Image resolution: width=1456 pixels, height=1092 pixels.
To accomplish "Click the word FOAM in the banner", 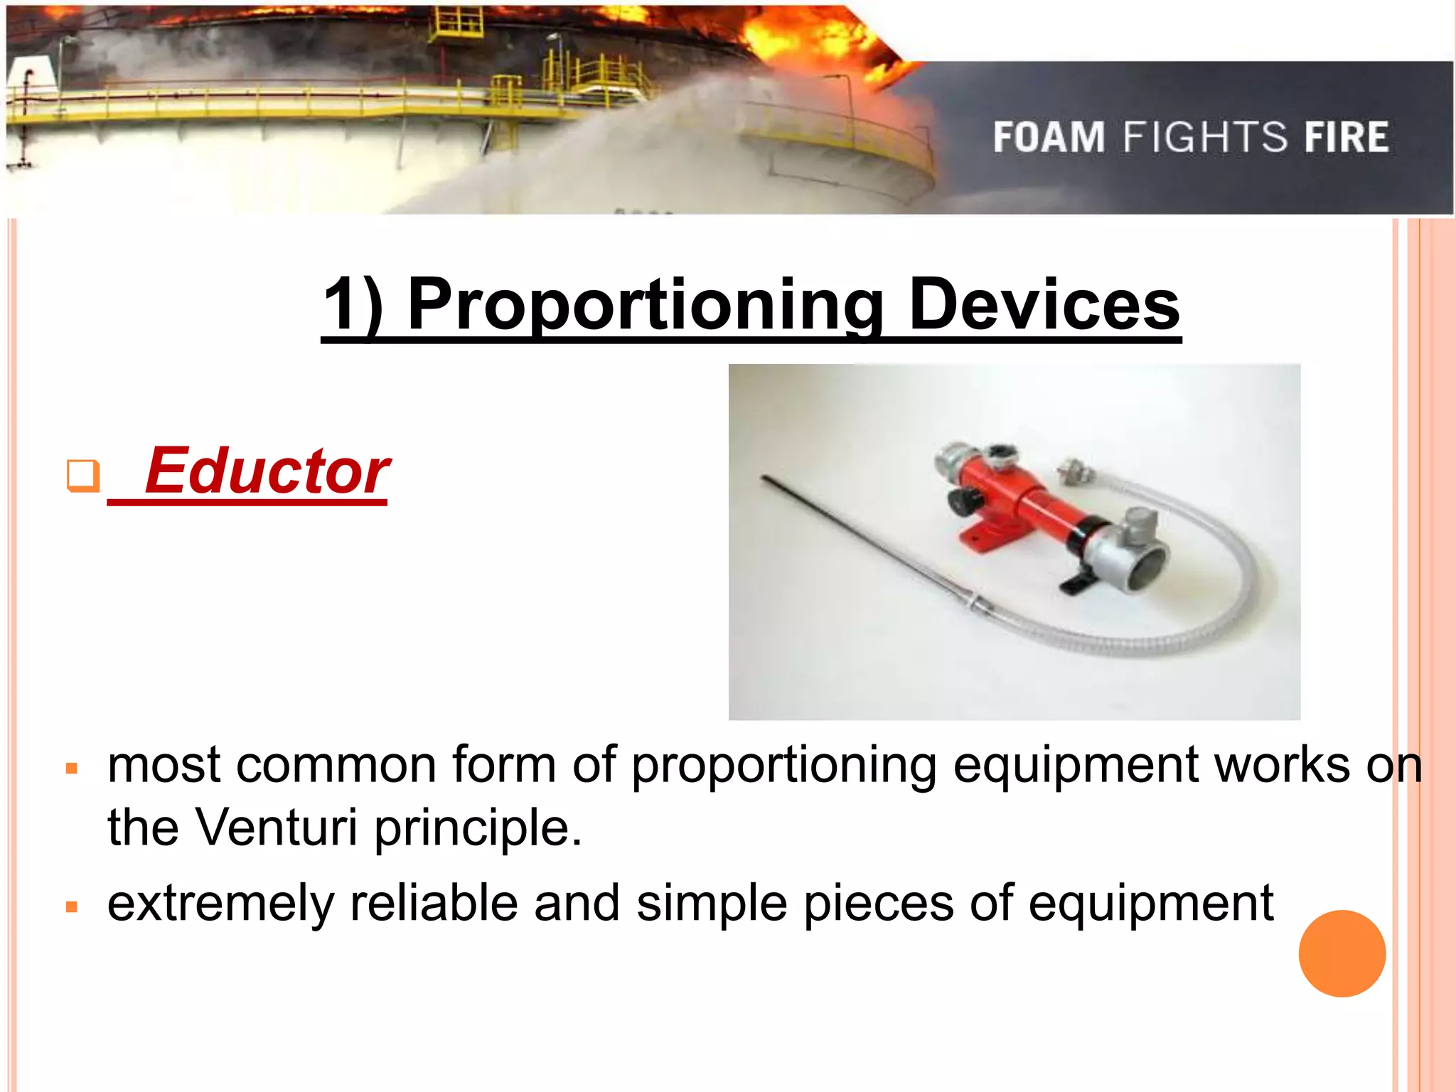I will pos(1049,137).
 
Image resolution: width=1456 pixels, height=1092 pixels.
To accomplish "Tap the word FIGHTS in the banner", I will pos(1205,137).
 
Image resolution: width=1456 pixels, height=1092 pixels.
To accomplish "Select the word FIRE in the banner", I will pos(1346,137).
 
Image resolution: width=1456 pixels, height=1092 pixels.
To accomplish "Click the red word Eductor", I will pos(267,471).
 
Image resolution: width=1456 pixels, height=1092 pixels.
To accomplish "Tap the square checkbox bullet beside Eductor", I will pos(82,475).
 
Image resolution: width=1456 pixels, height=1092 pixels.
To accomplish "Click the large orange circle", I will pos(1342,953).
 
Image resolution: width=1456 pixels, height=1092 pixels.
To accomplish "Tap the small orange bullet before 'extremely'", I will pos(71,906).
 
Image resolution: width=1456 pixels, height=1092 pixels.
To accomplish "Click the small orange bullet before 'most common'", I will pos(71,769).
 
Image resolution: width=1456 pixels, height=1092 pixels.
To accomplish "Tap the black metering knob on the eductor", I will pos(960,502).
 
